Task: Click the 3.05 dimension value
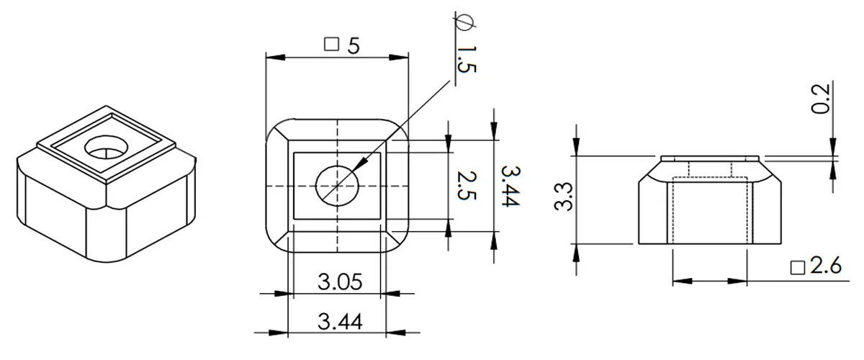(340, 282)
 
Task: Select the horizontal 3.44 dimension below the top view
(340, 322)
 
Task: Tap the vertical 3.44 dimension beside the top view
(510, 186)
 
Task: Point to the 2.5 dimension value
(467, 186)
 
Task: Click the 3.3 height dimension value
(563, 197)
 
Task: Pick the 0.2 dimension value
(820, 99)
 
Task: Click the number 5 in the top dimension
(354, 46)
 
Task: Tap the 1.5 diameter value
(467, 60)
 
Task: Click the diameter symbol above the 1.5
(464, 23)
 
